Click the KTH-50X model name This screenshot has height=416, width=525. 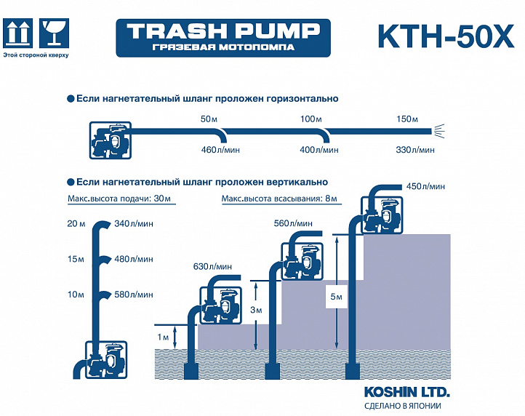click(x=446, y=36)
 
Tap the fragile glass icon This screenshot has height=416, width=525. click(x=54, y=33)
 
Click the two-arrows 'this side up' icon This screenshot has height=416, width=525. click(x=17, y=33)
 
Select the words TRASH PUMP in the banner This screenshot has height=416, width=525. click(x=223, y=31)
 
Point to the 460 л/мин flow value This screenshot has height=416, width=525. click(x=220, y=150)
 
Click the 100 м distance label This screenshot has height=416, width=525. click(x=311, y=119)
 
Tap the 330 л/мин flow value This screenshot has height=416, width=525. click(x=415, y=150)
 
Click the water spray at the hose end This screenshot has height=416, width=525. click(x=439, y=131)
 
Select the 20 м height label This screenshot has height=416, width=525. click(x=76, y=223)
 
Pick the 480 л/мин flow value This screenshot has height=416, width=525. click(x=134, y=259)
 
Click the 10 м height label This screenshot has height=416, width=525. click(x=76, y=295)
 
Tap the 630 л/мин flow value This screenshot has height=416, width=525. click(x=212, y=267)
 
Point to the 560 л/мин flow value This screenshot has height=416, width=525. click(x=293, y=223)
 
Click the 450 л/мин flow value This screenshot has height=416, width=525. click(x=425, y=186)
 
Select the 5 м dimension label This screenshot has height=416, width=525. click(x=336, y=297)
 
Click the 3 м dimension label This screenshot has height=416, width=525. click(x=256, y=310)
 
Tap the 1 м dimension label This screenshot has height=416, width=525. click(x=163, y=337)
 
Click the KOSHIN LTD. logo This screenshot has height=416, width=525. click(x=406, y=392)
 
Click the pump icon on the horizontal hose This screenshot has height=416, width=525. click(x=110, y=140)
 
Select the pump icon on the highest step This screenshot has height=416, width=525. click(x=382, y=215)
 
